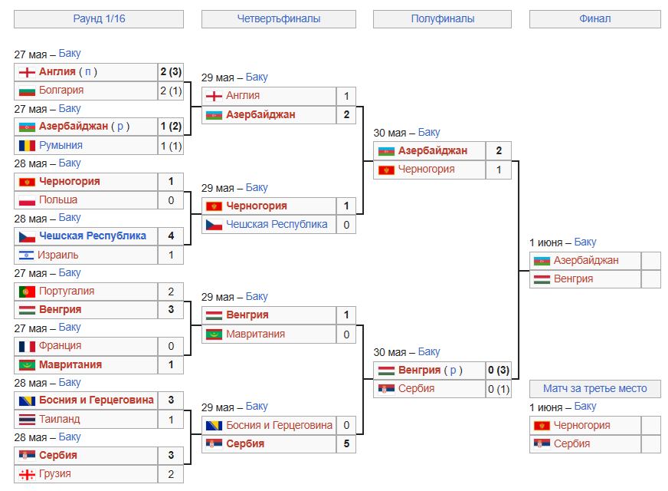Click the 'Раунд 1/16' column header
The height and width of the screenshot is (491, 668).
pyautogui.click(x=99, y=18)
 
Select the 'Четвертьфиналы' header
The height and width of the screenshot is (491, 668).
pyautogui.click(x=279, y=18)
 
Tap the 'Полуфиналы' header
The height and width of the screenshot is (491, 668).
pyautogui.click(x=443, y=18)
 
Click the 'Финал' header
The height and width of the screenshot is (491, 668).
pyautogui.click(x=594, y=18)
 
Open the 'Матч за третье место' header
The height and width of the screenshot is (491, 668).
pyautogui.click(x=594, y=389)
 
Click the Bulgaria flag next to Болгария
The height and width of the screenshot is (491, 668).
pyautogui.click(x=27, y=91)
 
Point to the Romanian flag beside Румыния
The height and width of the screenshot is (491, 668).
pyautogui.click(x=27, y=146)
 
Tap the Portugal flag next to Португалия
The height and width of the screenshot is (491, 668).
pyautogui.click(x=27, y=292)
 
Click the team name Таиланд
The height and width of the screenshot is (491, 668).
pyautogui.click(x=60, y=420)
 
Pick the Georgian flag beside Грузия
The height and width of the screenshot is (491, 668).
pyautogui.click(x=27, y=474)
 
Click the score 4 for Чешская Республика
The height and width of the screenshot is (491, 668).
pyautogui.click(x=171, y=236)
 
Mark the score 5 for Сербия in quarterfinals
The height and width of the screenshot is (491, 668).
pyautogui.click(x=346, y=443)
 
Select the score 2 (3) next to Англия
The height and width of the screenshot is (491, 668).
pyautogui.click(x=171, y=71)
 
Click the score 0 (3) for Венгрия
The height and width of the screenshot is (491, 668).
pyautogui.click(x=499, y=370)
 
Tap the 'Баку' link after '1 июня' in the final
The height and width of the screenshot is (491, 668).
pyautogui.click(x=585, y=242)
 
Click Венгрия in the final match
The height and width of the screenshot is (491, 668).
pyautogui.click(x=574, y=279)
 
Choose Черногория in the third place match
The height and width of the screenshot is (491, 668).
pyautogui.click(x=582, y=425)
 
